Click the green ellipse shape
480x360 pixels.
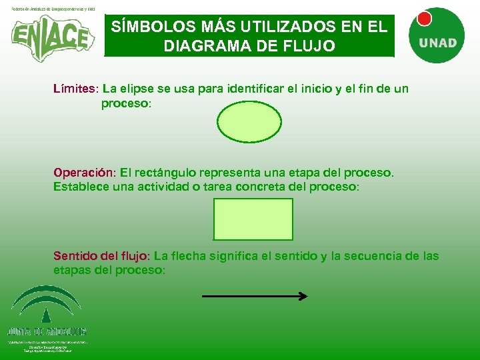tap(250, 121)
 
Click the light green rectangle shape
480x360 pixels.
tap(253, 219)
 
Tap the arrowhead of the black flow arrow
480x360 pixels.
tap(303, 296)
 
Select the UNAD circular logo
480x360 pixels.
tap(437, 37)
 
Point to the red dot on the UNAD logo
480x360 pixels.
tap(424, 19)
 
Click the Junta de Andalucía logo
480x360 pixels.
tap(46, 317)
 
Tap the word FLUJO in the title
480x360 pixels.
tap(311, 47)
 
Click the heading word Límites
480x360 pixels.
tap(75, 89)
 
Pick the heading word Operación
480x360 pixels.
tap(84, 173)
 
